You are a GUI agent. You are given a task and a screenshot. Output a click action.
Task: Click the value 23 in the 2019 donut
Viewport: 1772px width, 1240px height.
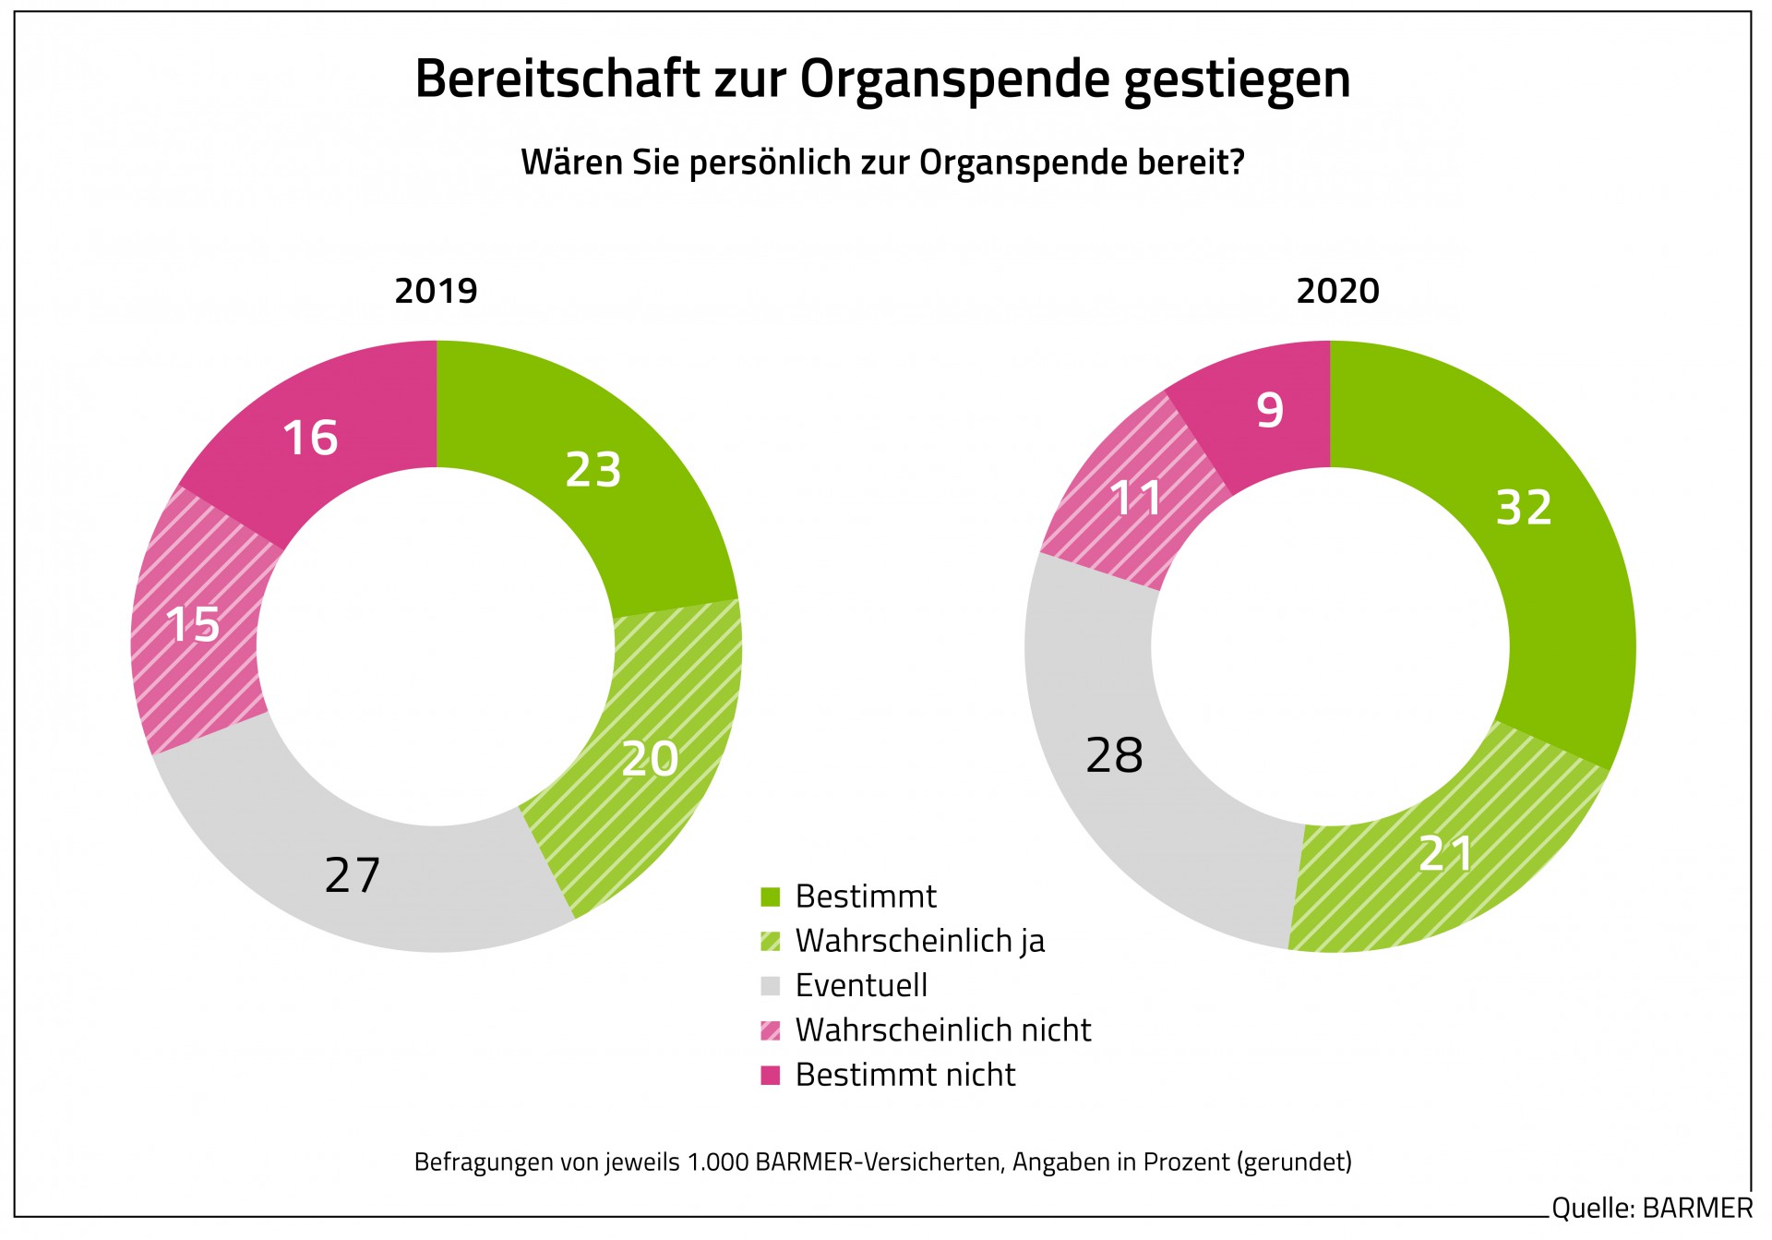pos(593,469)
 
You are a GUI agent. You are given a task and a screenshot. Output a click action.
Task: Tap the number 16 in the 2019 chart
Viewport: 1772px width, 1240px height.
pos(310,438)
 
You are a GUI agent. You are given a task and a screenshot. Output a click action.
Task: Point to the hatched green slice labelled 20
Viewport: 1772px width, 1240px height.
pos(650,759)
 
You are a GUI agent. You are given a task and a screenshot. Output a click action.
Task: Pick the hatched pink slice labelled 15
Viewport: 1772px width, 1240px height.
pos(193,624)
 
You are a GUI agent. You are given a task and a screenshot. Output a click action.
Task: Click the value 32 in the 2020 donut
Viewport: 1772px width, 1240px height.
pos(1524,508)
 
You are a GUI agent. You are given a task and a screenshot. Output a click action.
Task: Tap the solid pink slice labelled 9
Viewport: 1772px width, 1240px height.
pos(1270,410)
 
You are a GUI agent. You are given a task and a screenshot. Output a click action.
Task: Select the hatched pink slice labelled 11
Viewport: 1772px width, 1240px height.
pos(1137,499)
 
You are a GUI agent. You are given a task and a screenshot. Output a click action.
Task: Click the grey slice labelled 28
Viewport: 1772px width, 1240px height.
pos(1114,755)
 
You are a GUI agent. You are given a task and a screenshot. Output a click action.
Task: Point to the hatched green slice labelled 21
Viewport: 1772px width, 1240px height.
pos(1445,853)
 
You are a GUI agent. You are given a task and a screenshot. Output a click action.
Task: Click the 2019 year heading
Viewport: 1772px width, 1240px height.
pos(436,291)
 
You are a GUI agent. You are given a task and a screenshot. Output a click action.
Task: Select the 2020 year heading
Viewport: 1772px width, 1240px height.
pos(1337,291)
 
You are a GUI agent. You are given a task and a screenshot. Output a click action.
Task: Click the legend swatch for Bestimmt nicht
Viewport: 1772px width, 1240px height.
pos(771,1075)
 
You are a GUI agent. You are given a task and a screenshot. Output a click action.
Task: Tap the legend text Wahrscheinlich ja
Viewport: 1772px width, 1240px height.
pos(919,941)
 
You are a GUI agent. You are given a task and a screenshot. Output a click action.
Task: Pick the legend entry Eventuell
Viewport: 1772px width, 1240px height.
pos(861,985)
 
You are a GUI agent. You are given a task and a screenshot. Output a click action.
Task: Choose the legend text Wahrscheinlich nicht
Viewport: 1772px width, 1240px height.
pos(942,1029)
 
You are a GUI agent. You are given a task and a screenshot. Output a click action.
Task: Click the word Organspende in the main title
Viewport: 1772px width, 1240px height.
pos(954,79)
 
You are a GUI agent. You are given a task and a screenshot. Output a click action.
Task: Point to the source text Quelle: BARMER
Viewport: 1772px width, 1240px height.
pos(1651,1208)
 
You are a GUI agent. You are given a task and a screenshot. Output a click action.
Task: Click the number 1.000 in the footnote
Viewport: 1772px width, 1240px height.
pos(718,1162)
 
